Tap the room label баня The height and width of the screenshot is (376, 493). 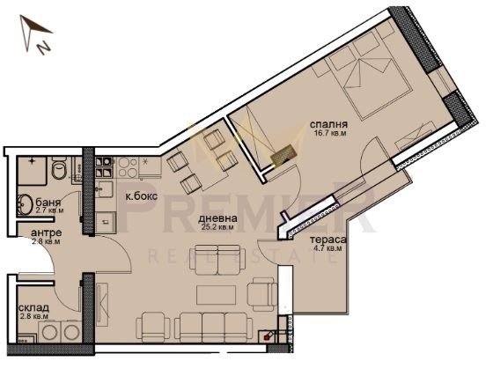click(x=35, y=202)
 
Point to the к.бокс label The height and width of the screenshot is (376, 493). click(x=141, y=196)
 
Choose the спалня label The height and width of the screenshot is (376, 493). click(x=327, y=125)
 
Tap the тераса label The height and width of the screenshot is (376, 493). click(x=327, y=239)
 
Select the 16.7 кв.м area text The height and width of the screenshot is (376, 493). click(x=330, y=136)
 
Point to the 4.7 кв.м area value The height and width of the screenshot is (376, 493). click(x=327, y=248)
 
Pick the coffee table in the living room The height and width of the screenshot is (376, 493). click(x=215, y=293)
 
